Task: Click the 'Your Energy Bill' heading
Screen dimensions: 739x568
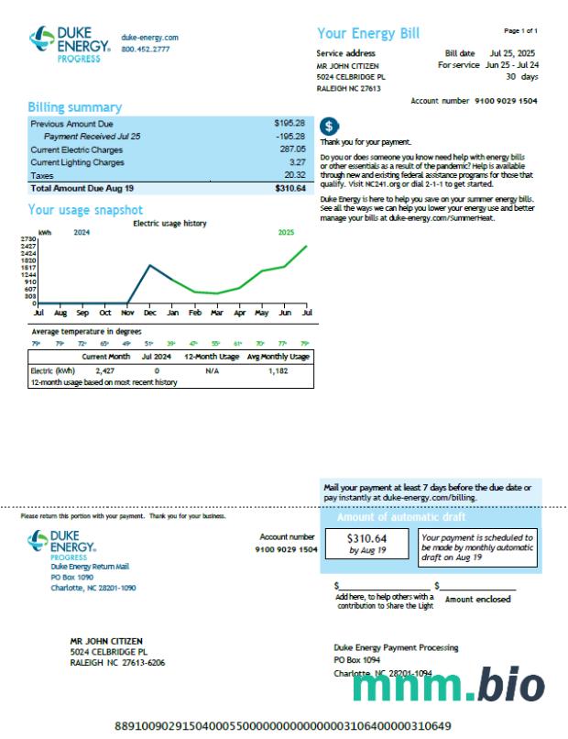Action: click(368, 34)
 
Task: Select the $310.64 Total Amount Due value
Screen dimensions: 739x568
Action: click(289, 188)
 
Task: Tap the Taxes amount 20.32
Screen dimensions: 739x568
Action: click(294, 175)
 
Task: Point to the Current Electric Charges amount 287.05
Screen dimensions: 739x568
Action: click(292, 149)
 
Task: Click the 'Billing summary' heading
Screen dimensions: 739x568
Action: click(74, 107)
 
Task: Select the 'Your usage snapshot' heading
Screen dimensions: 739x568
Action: click(85, 210)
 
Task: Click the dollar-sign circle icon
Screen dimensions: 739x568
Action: click(330, 127)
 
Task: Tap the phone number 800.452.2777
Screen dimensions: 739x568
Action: click(146, 49)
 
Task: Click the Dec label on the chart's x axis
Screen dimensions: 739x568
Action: click(149, 313)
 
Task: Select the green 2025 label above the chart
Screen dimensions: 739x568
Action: click(287, 232)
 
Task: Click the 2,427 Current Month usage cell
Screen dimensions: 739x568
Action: click(104, 370)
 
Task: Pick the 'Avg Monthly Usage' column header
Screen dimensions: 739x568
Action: click(279, 356)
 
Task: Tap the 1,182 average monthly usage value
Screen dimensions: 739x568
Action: click(278, 370)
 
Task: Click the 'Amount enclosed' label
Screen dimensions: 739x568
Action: click(478, 599)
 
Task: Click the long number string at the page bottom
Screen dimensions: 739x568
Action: click(283, 726)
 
